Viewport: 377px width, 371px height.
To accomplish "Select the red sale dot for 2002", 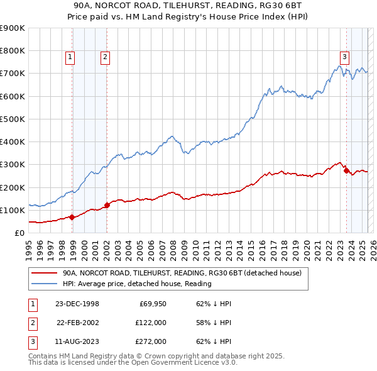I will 107,205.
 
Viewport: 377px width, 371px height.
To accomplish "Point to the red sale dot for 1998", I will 72,217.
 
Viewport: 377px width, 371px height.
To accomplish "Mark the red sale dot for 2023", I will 346,170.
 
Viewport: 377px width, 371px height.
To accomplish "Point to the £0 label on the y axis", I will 19,233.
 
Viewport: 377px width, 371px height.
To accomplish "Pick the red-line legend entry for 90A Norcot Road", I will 182,273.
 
